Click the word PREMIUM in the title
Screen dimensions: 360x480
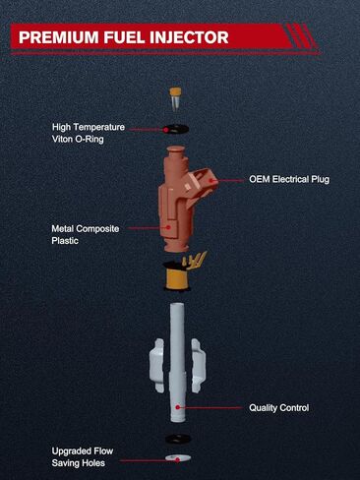click(x=59, y=37)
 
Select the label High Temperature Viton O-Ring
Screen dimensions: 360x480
click(x=89, y=133)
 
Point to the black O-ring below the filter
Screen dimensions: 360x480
click(x=176, y=129)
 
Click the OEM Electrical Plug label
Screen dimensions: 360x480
click(x=289, y=179)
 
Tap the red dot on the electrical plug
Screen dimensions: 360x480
click(x=212, y=180)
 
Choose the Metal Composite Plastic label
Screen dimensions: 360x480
click(x=86, y=234)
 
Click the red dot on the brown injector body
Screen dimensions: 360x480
click(x=168, y=227)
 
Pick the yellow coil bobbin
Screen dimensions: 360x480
click(x=177, y=278)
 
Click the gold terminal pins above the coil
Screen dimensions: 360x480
click(x=195, y=260)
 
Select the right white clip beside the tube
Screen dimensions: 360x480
click(x=199, y=366)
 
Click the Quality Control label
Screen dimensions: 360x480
click(x=279, y=408)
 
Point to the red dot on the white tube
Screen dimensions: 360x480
click(x=178, y=407)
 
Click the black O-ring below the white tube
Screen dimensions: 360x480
click(x=178, y=439)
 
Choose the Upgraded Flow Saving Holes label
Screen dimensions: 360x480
click(x=83, y=457)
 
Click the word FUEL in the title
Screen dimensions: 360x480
click(x=124, y=37)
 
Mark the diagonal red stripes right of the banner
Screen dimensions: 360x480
click(x=301, y=36)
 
